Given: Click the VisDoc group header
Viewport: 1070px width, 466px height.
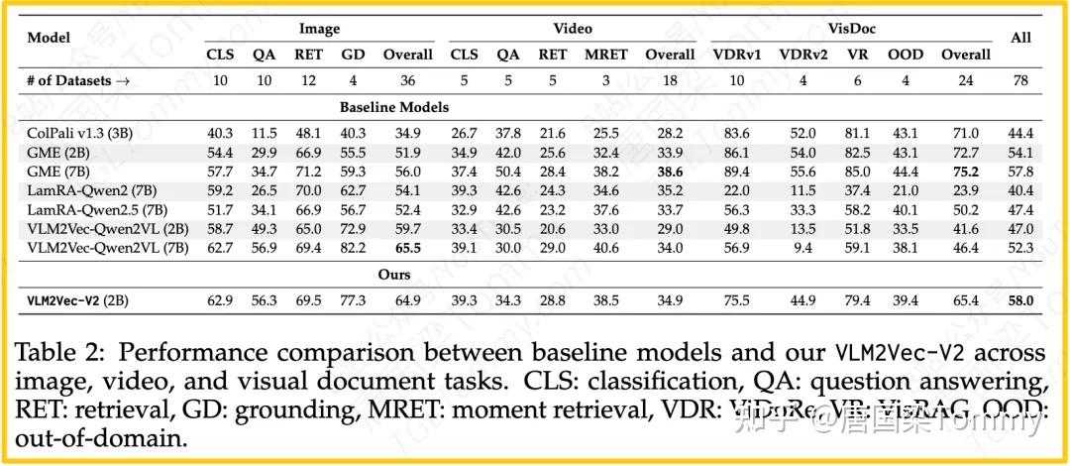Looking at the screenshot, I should click(x=851, y=30).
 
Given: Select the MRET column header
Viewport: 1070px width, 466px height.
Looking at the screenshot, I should click(x=606, y=55).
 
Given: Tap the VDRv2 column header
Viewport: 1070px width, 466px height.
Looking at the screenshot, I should click(x=802, y=55).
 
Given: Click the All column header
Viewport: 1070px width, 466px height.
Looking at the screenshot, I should click(x=1019, y=38).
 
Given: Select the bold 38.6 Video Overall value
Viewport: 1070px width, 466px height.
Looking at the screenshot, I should click(x=670, y=170).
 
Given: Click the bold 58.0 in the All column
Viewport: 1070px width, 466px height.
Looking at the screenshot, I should click(x=1020, y=300).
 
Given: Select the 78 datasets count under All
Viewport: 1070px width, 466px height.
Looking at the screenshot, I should click(x=1020, y=81).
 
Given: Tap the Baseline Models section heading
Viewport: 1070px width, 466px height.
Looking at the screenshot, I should click(x=394, y=107).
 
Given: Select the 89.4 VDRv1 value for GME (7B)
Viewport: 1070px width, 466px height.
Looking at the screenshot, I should click(x=736, y=170).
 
